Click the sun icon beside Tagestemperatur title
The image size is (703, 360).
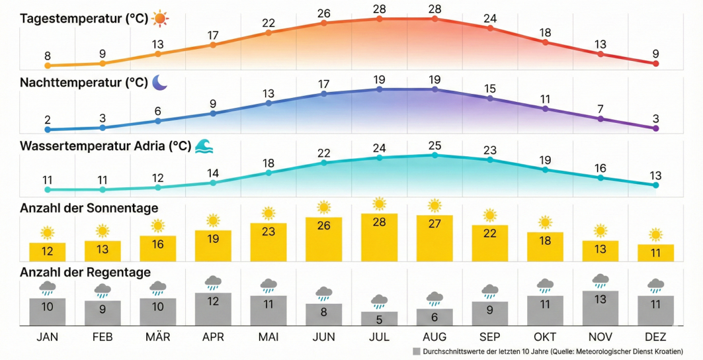[160, 19]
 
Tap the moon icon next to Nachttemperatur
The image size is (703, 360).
[160, 82]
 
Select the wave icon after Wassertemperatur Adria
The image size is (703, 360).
[202, 146]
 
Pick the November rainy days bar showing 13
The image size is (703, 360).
[600, 308]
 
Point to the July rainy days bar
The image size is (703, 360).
[379, 318]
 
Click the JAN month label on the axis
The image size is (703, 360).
[47, 337]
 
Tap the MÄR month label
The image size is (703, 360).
[157, 337]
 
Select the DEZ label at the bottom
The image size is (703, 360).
[655, 337]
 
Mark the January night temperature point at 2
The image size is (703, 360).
[47, 130]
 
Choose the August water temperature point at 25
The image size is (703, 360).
[434, 155]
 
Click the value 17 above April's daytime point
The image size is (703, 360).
[213, 34]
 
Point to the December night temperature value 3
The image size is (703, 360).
[655, 118]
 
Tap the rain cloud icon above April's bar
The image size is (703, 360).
[213, 283]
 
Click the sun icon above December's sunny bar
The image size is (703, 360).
[655, 234]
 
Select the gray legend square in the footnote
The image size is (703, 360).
[416, 351]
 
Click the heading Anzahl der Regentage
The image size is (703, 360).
[85, 272]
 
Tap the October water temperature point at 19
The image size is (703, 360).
[545, 169]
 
